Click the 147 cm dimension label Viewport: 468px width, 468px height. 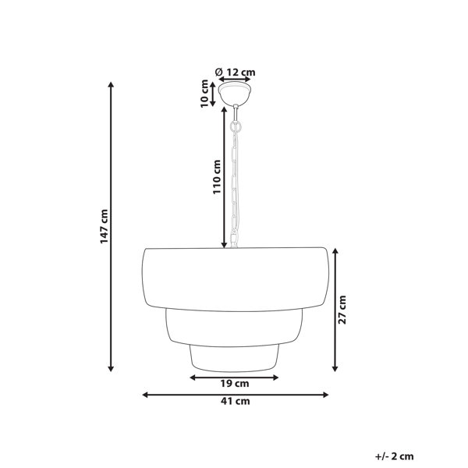[x=104, y=226]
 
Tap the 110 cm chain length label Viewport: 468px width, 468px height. [x=217, y=177]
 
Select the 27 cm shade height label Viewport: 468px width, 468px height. [x=342, y=310]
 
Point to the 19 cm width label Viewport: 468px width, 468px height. [x=235, y=384]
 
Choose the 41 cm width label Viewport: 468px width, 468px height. [x=236, y=401]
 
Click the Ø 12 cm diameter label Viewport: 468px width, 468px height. [x=236, y=73]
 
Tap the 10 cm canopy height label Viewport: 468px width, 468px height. [x=204, y=94]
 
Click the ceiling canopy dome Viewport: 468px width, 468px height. [x=235, y=94]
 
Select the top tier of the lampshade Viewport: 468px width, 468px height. [x=236, y=279]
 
